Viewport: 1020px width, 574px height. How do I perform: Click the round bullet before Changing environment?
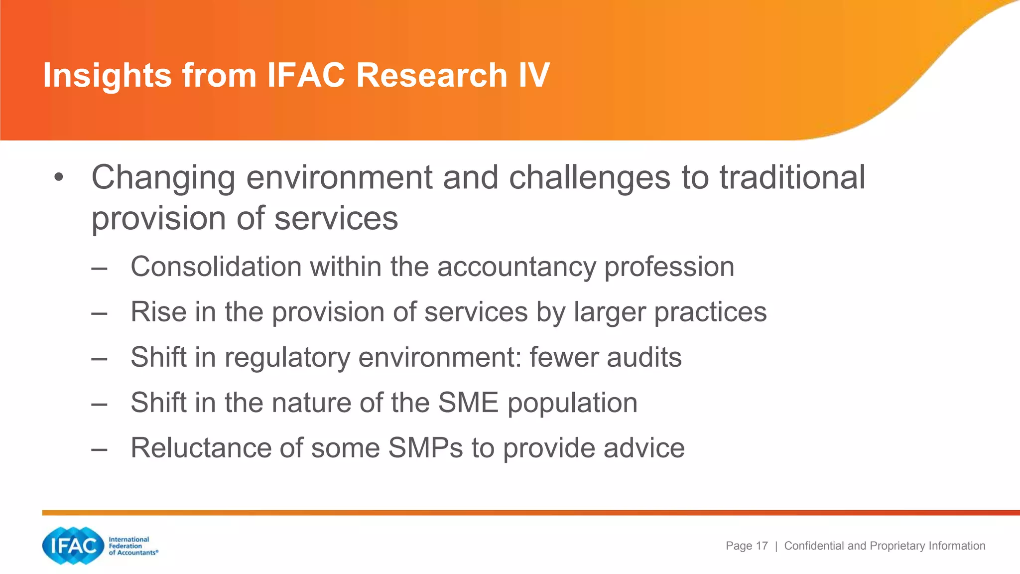click(x=59, y=178)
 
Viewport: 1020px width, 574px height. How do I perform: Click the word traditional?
click(x=792, y=178)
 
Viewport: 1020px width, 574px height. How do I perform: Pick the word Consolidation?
click(x=216, y=267)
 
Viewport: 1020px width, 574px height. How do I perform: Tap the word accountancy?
click(x=516, y=268)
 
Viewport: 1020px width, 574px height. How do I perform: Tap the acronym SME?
click(x=468, y=403)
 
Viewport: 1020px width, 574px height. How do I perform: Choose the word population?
click(x=572, y=404)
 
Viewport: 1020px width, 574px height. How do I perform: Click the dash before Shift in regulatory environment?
click(x=99, y=358)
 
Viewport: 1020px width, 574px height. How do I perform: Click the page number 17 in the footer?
click(x=762, y=546)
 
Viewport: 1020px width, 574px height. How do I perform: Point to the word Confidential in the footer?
click(x=815, y=546)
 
